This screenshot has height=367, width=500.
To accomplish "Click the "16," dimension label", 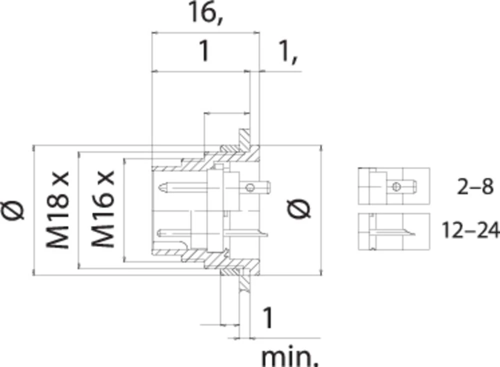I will (x=205, y=15).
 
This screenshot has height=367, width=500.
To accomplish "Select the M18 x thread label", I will (x=56, y=210).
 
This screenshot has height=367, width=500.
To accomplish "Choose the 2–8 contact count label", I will (x=475, y=187).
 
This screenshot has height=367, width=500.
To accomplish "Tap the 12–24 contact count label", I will (x=470, y=231).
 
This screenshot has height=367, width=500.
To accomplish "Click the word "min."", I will (x=290, y=357).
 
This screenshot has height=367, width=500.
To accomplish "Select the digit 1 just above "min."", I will (x=268, y=319).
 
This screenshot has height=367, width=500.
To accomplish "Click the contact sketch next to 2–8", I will (x=393, y=186).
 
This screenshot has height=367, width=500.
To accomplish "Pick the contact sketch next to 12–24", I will (x=393, y=231).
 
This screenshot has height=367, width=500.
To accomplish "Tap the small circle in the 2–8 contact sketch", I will (x=395, y=187).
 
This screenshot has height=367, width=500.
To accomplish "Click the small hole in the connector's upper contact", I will (x=249, y=188).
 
